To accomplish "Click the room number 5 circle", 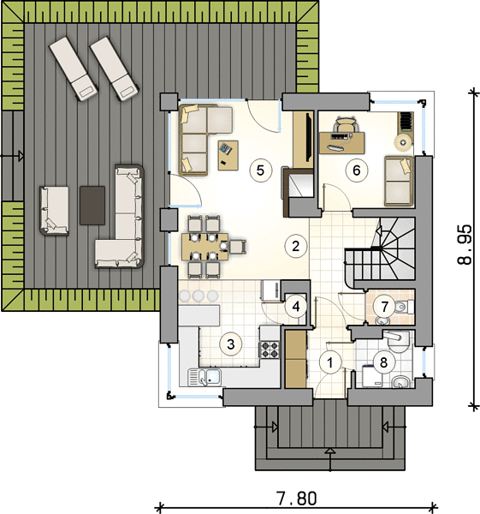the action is [260, 170].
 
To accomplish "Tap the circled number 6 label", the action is [357, 170].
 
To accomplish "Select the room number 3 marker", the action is [231, 344].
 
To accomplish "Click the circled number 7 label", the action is [384, 307].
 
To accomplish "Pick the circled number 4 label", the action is [296, 307].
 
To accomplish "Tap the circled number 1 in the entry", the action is [330, 362].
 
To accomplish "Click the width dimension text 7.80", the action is [297, 499].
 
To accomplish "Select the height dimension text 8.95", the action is [465, 244].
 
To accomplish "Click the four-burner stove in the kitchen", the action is [270, 350].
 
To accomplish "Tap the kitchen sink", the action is [204, 377].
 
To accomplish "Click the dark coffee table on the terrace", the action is [92, 206].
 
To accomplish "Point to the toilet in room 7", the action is [405, 307].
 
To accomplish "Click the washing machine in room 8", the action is [373, 376].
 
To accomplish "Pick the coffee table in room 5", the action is [228, 155].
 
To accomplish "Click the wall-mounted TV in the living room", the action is [307, 137].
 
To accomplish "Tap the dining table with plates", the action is [205, 246].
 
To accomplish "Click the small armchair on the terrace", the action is [55, 211].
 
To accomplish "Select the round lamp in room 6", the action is [403, 142].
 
